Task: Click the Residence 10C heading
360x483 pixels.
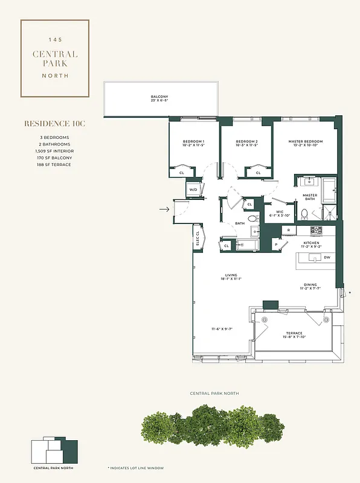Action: pos(55,124)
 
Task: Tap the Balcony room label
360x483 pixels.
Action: pos(159,97)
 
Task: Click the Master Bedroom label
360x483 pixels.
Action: pos(305,142)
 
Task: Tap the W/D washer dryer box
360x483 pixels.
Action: pos(193,190)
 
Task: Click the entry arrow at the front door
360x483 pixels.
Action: pos(164,210)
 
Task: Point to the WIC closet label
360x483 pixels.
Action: pos(280,212)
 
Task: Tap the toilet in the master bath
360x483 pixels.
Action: pos(304,213)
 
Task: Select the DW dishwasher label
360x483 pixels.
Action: pos(327,257)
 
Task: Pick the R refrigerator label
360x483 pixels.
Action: pos(289,231)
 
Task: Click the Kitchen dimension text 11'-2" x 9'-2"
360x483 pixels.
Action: pos(311,246)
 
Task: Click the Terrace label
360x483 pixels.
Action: pos(294,333)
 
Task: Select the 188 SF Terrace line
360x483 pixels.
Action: pos(54,164)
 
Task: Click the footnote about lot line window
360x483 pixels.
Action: pos(135,468)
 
